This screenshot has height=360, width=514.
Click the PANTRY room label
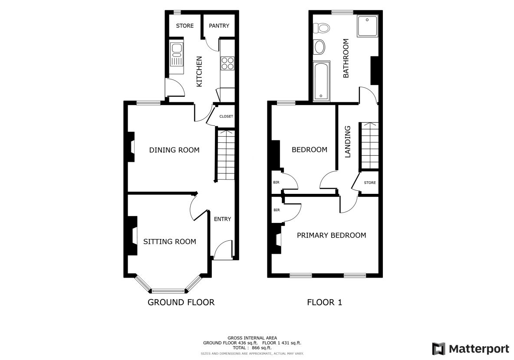[219, 26]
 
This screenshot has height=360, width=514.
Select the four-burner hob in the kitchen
[227, 63]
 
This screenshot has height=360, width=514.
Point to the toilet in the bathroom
[321, 28]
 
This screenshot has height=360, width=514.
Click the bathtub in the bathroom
[322, 81]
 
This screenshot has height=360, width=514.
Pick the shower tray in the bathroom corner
[367, 26]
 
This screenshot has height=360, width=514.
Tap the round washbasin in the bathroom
[319, 47]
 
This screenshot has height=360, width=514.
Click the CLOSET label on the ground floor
[226, 116]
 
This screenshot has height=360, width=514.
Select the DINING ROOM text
[175, 150]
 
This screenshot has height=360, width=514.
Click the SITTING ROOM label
[169, 242]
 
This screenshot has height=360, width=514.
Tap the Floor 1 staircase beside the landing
[370, 146]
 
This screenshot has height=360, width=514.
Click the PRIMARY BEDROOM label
[331, 235]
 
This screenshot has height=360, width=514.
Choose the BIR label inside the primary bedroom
[277, 210]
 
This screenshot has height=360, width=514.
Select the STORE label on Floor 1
[370, 183]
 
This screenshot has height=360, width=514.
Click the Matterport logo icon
[438, 349]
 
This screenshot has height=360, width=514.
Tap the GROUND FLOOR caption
[181, 302]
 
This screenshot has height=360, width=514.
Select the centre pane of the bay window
[168, 291]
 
